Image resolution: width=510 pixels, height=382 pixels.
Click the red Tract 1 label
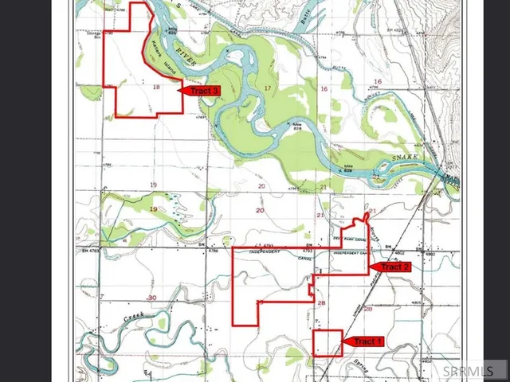tap(367, 341)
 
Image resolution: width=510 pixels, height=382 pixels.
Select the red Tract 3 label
tap(204, 91)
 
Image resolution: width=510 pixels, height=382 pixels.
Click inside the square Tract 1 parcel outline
tap(327, 342)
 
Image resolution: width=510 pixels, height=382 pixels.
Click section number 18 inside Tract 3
tap(155, 87)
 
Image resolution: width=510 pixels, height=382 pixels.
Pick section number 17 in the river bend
tap(268, 88)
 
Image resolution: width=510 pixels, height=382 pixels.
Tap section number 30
tap(151, 296)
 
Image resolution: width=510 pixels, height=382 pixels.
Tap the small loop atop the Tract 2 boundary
tap(365, 215)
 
